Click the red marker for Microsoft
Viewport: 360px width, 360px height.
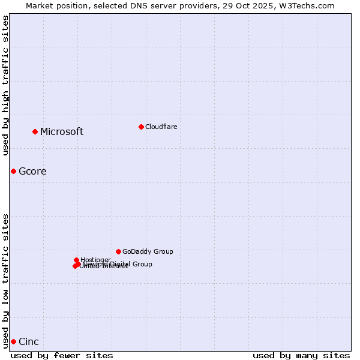35,131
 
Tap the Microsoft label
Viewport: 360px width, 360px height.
62,132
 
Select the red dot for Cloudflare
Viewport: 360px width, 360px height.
141,127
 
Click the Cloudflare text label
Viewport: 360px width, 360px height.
161,127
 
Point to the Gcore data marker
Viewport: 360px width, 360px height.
13,171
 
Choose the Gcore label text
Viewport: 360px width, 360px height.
32,172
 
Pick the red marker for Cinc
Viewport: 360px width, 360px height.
13,341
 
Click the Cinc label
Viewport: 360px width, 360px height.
29,342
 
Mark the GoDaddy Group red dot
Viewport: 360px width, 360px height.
118,251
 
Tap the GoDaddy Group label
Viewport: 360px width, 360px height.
148,252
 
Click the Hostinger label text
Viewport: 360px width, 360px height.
95,260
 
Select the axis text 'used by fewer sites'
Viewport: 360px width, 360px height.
62,355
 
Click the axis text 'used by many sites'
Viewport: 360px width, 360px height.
301,355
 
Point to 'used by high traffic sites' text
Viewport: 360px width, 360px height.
6,85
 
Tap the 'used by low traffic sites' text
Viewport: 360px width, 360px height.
6,280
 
